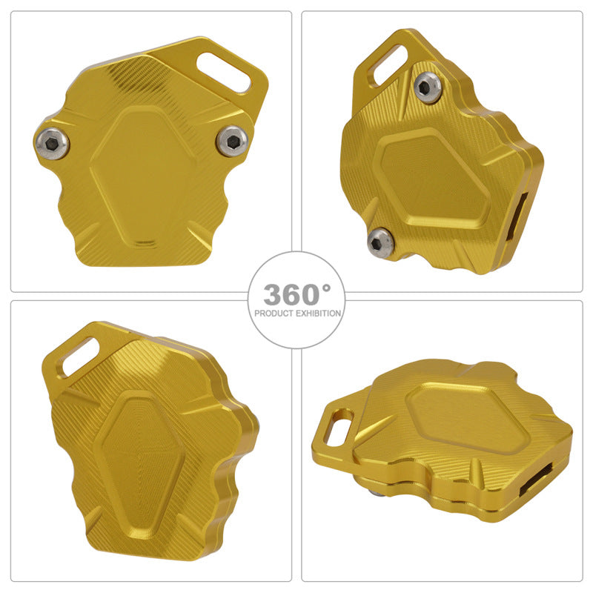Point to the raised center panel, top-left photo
click(x=145, y=176)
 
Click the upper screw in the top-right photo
click(x=428, y=87)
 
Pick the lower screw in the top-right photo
click(x=380, y=239)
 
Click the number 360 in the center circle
click(x=291, y=294)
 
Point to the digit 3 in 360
click(x=271, y=294)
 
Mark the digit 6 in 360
click(x=291, y=294)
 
